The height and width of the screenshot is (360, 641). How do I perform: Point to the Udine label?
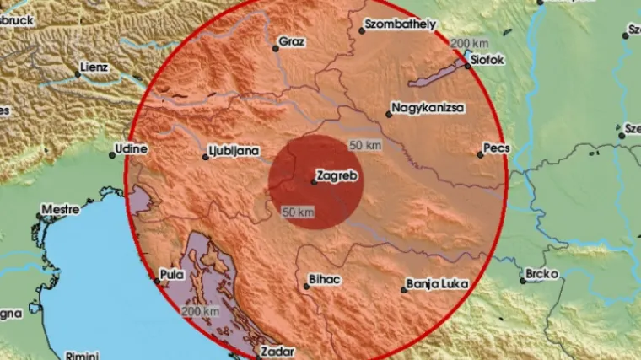click(x=133, y=150)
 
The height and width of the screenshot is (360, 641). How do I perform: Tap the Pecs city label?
click(x=496, y=148)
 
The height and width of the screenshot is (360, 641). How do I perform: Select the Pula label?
click(x=171, y=273)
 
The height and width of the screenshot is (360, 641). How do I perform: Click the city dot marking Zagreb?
click(x=312, y=180)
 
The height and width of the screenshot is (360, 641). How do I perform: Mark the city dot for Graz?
click(x=275, y=47)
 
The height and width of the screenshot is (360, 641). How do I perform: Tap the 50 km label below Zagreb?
click(x=299, y=212)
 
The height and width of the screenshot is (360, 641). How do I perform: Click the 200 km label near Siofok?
click(x=471, y=44)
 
